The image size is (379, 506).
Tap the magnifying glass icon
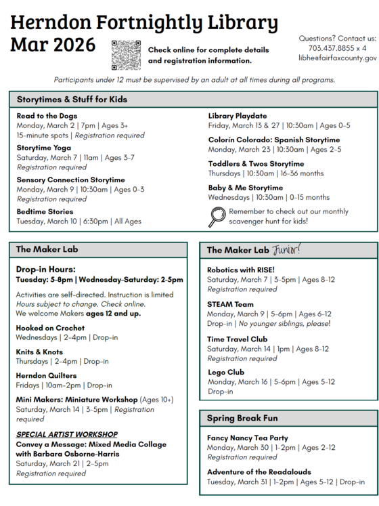(217, 216)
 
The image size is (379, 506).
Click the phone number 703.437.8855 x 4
(337, 48)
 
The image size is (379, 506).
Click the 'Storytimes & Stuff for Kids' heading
(72, 100)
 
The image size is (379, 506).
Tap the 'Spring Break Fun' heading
(242, 418)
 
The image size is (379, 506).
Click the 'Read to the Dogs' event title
(48, 116)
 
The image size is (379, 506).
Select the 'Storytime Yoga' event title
(43, 147)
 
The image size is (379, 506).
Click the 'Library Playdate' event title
(238, 116)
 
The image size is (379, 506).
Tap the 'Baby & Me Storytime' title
(245, 188)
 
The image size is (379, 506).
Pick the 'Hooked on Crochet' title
(50, 328)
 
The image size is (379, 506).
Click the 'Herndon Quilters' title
(46, 375)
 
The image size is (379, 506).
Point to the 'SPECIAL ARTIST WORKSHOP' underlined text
(67, 434)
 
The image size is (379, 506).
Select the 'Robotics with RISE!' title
(241, 270)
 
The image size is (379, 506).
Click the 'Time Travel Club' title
(237, 339)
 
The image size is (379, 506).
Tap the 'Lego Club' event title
(226, 372)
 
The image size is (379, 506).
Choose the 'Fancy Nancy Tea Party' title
(247, 438)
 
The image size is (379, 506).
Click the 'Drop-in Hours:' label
(46, 269)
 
